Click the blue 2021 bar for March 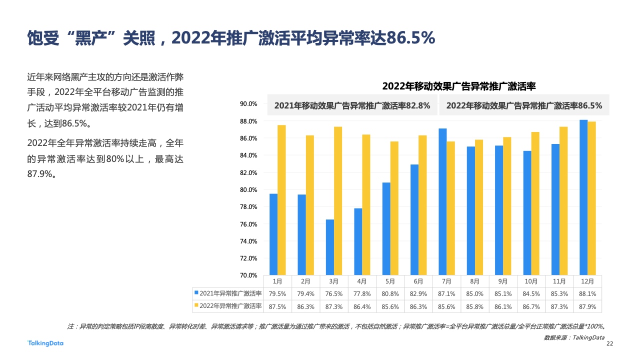pyautogui.click(x=330, y=247)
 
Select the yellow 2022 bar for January pyautogui.click(x=281, y=200)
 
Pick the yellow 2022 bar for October pyautogui.click(x=535, y=203)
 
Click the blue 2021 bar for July pyautogui.click(x=443, y=202)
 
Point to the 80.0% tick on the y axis pyautogui.click(x=248, y=190)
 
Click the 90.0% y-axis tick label pyautogui.click(x=248, y=104)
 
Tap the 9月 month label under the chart pyautogui.click(x=503, y=282)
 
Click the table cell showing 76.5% pyautogui.click(x=334, y=293)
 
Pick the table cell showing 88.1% pyautogui.click(x=587, y=293)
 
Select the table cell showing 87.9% pyautogui.click(x=587, y=306)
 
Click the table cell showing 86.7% pyautogui.click(x=531, y=306)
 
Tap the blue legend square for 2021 pyautogui.click(x=196, y=293)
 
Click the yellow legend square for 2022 pyautogui.click(x=196, y=305)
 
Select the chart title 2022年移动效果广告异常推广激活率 pyautogui.click(x=459, y=86)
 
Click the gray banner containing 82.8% pyautogui.click(x=352, y=106)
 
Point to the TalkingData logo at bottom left pyautogui.click(x=45, y=343)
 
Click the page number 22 pyautogui.click(x=609, y=344)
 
